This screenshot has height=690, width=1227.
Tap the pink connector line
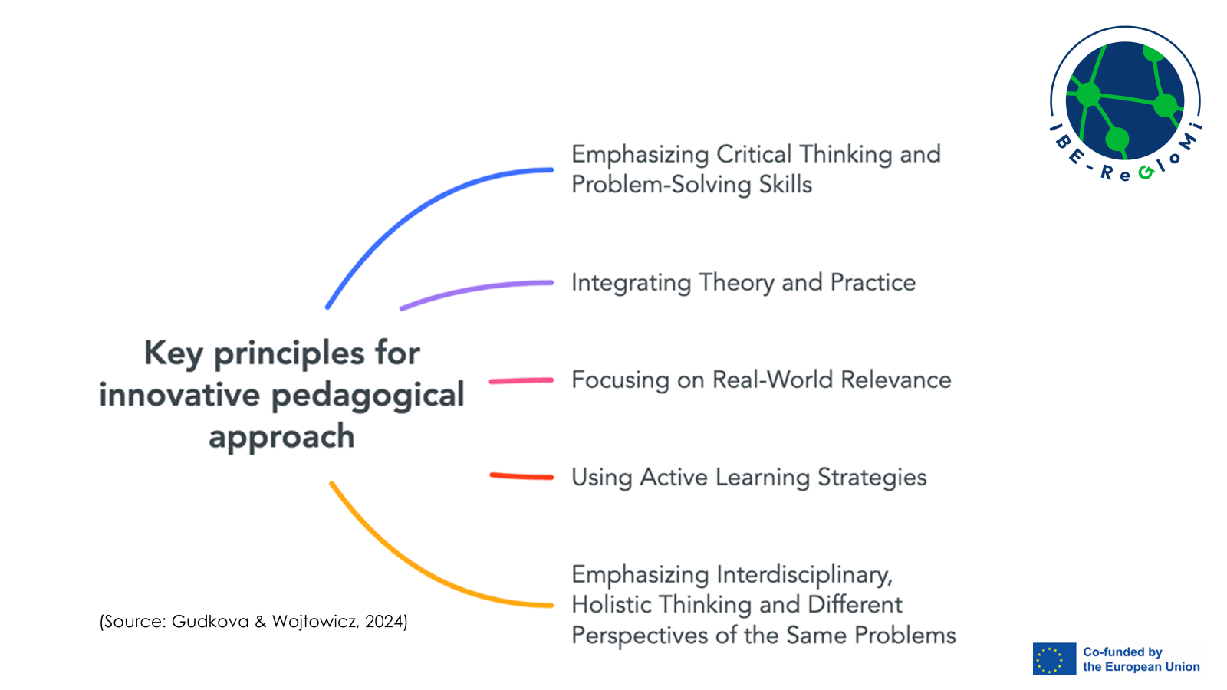tap(521, 380)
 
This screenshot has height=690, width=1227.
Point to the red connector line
tap(521, 476)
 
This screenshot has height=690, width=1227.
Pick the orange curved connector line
tap(417, 570)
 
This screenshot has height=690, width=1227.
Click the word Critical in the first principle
tap(754, 154)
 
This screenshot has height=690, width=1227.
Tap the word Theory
tap(736, 283)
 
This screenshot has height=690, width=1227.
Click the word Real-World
tap(772, 380)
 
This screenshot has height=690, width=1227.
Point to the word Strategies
tap(872, 478)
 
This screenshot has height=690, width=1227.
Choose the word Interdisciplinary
tap(804, 576)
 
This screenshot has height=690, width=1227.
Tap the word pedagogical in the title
tap(367, 396)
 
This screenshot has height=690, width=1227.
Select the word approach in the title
tap(281, 438)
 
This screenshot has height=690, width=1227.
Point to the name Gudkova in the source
tap(210, 622)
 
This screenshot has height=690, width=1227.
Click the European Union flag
tap(1054, 659)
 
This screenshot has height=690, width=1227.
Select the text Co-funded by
tap(1123, 652)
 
